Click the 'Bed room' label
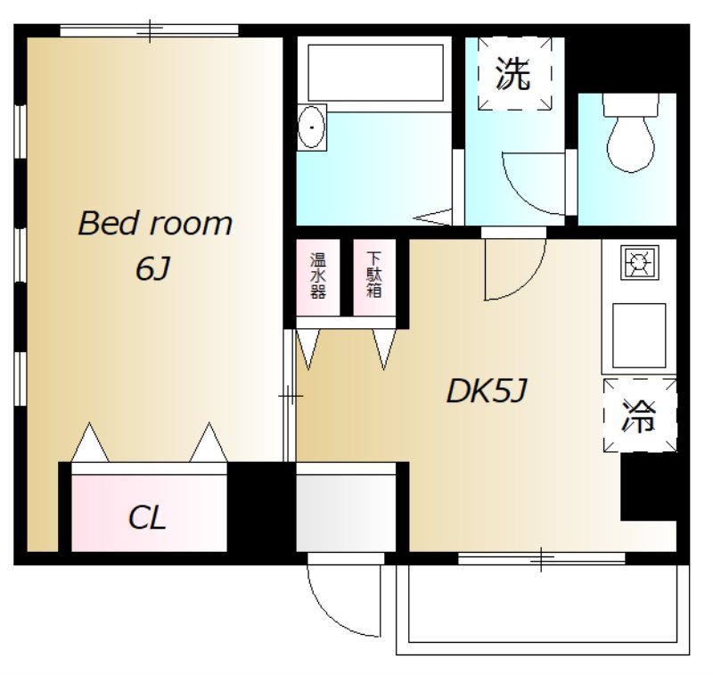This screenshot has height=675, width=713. pos(155,223)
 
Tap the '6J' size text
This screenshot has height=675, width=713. pos(152,268)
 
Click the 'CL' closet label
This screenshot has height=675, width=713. pos(146,518)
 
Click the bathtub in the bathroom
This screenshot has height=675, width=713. pos(375,73)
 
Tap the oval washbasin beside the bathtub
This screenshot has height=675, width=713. pos(311,127)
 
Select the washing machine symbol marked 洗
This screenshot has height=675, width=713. pos(514,73)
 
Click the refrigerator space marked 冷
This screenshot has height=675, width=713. pos(639,415)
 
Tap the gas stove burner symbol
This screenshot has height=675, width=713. pos(639,262)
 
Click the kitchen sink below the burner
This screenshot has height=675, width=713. pos(639,335)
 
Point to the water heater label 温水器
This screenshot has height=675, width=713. pos(318,276)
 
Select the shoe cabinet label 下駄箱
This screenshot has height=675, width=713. pos(373,275)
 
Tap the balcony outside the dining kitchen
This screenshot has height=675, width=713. pos(543,610)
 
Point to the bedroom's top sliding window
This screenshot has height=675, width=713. pos(149,31)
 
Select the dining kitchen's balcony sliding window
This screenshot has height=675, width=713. pos(541,558)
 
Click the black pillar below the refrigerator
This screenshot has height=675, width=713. pos(649,486)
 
